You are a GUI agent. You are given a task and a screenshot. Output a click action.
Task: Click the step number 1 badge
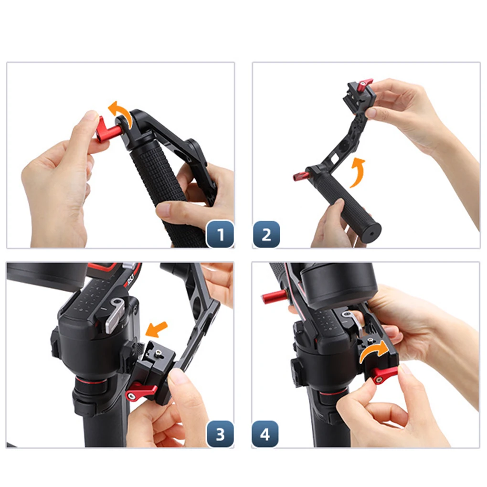(220, 234)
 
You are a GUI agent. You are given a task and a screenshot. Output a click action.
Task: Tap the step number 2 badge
(266, 234)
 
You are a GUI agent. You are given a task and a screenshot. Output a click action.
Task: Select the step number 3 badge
(220, 434)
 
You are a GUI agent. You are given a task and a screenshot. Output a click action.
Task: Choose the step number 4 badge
(265, 434)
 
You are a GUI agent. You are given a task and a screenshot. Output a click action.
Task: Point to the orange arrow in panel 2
(357, 171)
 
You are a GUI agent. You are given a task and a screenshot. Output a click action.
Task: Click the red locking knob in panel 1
(107, 130)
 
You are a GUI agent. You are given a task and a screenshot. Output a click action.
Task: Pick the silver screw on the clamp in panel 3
(159, 352)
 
